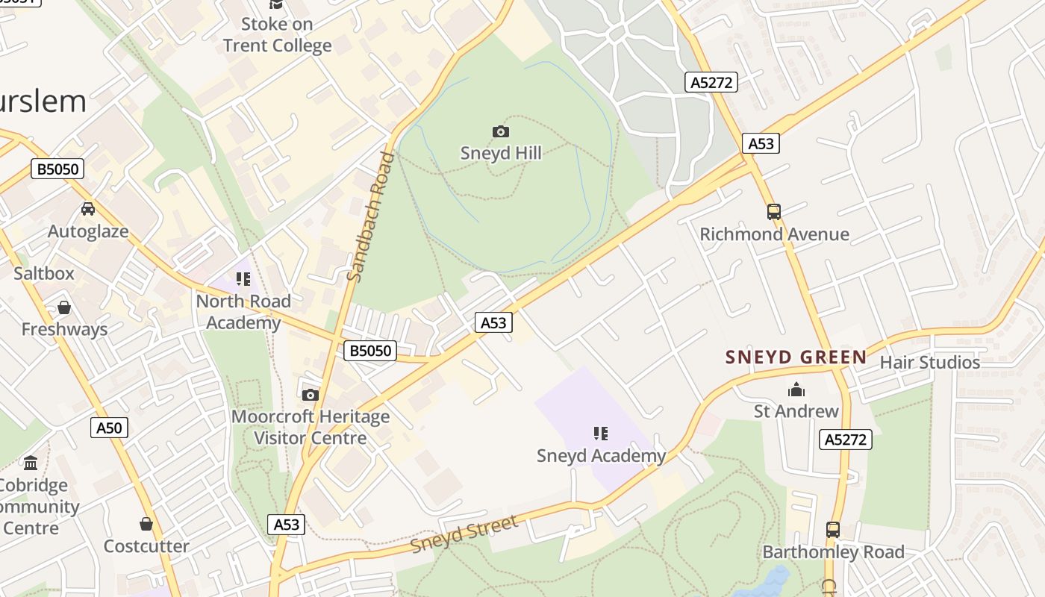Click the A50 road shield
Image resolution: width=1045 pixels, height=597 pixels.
click(109, 428)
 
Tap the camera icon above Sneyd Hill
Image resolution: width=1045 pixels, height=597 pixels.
click(500, 132)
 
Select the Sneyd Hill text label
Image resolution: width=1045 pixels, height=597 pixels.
click(500, 153)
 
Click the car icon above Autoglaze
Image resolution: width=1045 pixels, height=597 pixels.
click(88, 209)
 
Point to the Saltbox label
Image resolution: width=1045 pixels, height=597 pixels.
click(44, 273)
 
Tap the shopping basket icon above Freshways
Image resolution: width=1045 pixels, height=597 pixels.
click(64, 307)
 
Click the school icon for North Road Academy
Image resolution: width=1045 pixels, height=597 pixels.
click(243, 279)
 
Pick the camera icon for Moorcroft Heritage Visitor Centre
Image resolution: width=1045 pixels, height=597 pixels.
click(311, 395)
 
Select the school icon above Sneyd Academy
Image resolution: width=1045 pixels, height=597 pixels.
click(601, 434)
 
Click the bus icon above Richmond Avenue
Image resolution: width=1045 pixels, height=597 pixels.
click(774, 212)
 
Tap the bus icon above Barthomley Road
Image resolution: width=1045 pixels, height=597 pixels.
click(833, 530)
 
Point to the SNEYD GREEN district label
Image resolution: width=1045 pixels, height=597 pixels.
click(796, 357)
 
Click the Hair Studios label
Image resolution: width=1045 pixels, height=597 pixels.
click(929, 363)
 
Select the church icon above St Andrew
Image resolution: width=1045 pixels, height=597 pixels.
click(796, 390)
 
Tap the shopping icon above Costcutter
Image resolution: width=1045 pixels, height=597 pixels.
click(146, 524)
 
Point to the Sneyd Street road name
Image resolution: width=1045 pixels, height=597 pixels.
click(464, 534)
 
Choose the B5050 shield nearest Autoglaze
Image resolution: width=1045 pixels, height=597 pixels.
click(57, 169)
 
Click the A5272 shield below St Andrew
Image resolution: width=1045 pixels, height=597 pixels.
click(846, 440)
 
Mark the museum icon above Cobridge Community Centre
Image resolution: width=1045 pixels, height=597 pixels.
click(31, 463)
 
